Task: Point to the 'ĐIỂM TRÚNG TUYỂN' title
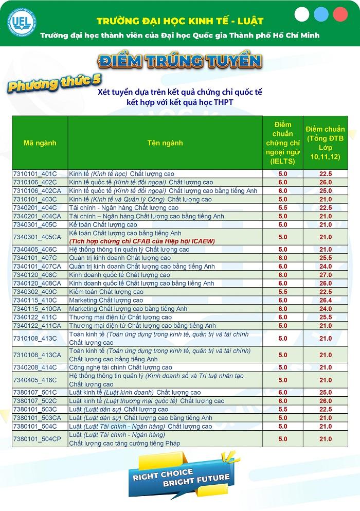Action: (x=179, y=61)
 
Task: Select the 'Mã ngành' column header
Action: (x=40, y=143)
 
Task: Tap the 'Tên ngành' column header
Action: (x=165, y=143)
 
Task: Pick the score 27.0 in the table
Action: (x=326, y=275)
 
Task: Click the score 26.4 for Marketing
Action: (x=326, y=300)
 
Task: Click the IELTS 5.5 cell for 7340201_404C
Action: (x=283, y=207)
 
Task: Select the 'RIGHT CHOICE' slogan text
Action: (x=163, y=473)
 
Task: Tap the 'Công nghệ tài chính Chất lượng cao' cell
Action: (x=121, y=367)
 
